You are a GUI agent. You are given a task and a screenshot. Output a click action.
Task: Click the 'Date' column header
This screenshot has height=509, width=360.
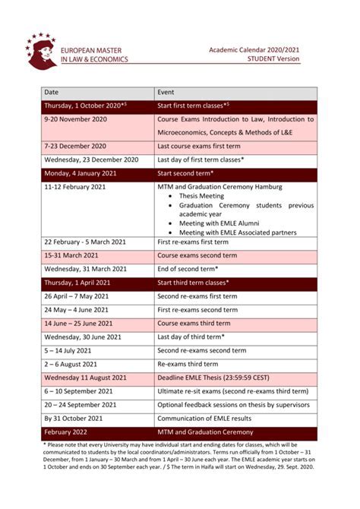click(52, 93)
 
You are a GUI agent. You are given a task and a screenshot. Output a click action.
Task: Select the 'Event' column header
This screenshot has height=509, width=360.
click(166, 93)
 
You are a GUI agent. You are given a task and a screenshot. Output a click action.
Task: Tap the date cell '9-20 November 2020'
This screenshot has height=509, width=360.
click(75, 119)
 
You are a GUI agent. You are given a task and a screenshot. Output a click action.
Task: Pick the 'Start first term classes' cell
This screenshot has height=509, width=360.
click(193, 106)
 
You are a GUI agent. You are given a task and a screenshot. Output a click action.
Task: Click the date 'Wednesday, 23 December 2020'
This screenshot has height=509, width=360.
click(91, 160)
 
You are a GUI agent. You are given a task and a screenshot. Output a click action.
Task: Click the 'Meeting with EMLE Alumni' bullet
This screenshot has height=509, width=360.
click(220, 223)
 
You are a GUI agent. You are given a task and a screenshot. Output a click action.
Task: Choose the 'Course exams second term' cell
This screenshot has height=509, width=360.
click(197, 255)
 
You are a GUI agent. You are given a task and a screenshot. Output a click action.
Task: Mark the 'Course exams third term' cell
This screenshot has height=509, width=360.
click(194, 323)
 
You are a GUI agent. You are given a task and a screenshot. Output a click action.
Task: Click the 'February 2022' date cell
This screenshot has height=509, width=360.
click(66, 432)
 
